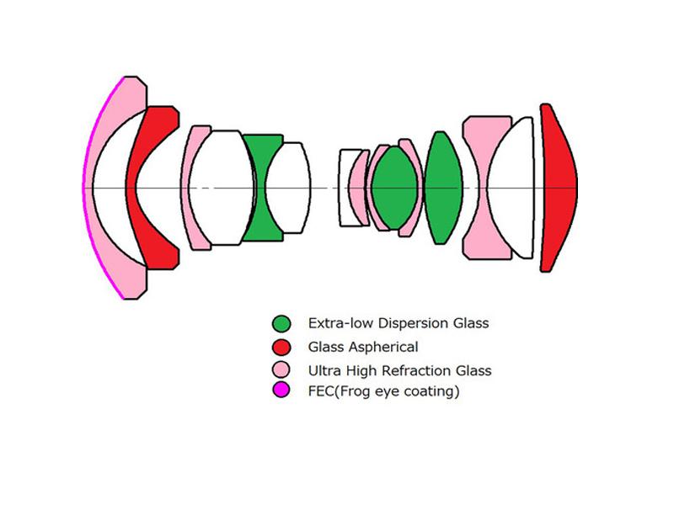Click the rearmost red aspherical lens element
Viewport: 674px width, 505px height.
pos(559,188)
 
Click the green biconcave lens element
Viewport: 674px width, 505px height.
pos(261,188)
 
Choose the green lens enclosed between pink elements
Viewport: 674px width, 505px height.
pos(394,188)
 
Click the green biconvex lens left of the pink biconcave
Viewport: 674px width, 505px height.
pos(443,188)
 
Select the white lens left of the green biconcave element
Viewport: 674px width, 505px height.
pos(222,188)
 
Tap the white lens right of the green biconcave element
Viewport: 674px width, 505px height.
pos(288,188)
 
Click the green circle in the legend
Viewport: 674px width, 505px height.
pos(281,323)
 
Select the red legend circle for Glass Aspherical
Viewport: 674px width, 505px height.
pos(281,347)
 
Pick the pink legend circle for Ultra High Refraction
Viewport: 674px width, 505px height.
pos(281,369)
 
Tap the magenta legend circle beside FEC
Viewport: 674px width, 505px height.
pos(281,390)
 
